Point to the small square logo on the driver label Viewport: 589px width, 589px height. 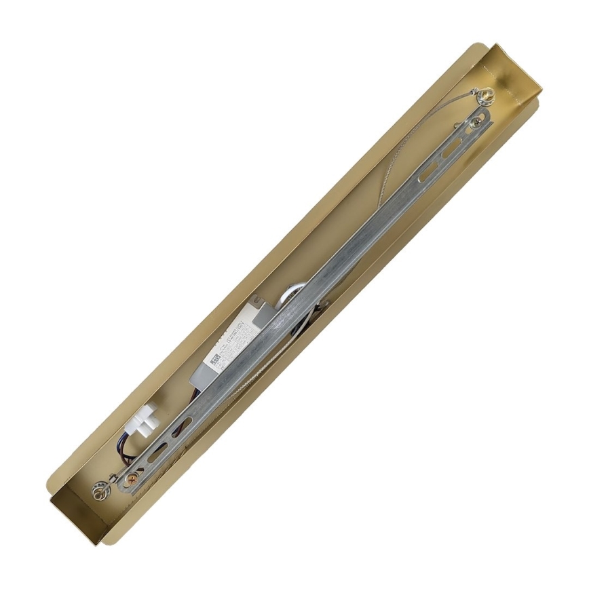click(215, 360)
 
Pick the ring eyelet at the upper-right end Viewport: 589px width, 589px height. click(485, 96)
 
